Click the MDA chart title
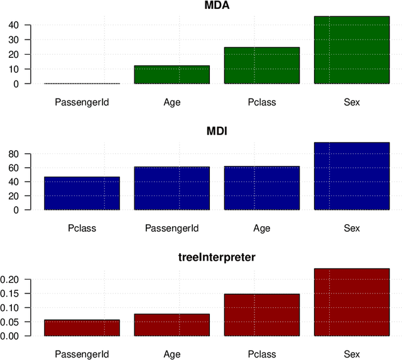(217, 6)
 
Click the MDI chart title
(217, 132)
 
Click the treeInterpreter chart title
(217, 258)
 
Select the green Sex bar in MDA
(352, 50)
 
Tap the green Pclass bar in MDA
(262, 65)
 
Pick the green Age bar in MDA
(171, 75)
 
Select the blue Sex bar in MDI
(352, 177)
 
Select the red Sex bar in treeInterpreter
(352, 302)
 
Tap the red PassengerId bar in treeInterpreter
(82, 328)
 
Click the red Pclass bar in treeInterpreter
(262, 315)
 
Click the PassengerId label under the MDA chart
(82, 102)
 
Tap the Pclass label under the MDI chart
(82, 228)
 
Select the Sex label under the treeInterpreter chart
(352, 354)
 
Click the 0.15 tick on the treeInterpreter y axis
(13, 293)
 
